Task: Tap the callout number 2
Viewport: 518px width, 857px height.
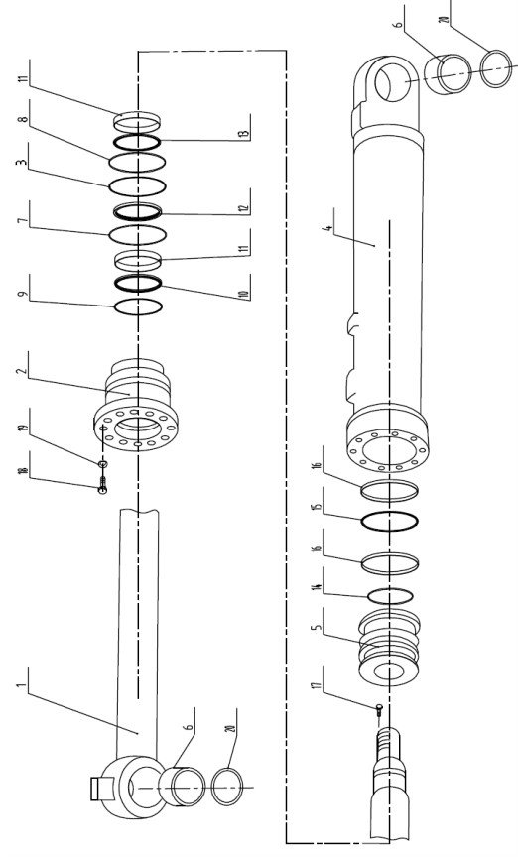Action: click(x=23, y=371)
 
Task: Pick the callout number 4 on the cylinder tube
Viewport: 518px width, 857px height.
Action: click(x=327, y=228)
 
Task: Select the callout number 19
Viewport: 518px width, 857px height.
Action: click(x=23, y=426)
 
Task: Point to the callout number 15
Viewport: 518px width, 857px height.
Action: click(x=317, y=506)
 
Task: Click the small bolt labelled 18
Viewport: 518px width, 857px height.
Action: click(x=102, y=484)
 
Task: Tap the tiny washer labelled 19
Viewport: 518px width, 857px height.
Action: click(x=103, y=464)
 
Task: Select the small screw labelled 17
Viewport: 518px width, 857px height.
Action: click(x=379, y=709)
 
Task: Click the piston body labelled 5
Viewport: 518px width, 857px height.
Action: click(x=389, y=648)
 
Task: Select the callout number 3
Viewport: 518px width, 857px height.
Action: click(x=23, y=163)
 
